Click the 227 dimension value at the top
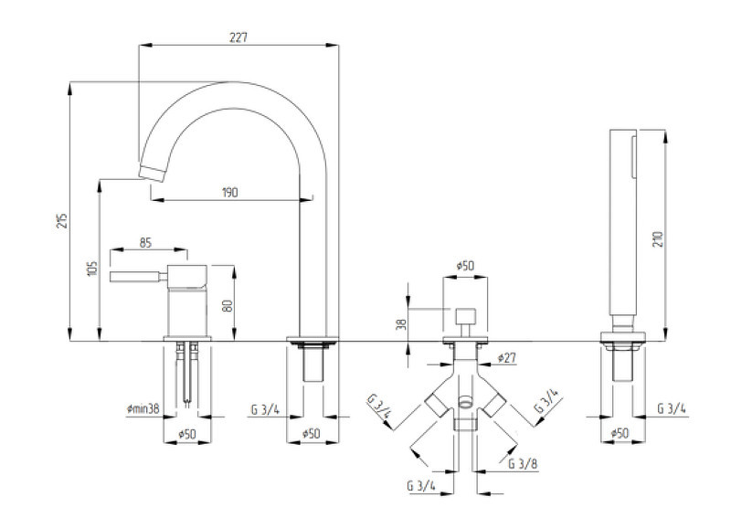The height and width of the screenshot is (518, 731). coord(238,37)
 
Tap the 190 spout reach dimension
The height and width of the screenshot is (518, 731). coord(230,192)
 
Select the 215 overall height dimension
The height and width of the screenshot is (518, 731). coord(62,220)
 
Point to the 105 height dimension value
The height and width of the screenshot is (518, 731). coord(93,268)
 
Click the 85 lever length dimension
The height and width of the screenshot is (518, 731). coord(145,242)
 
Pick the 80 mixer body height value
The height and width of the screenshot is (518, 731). coord(228,305)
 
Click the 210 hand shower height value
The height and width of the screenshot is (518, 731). coord(657,238)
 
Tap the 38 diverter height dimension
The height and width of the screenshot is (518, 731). coord(401,323)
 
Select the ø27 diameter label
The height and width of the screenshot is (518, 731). coord(507,358)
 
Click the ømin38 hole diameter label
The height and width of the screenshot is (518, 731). coord(143,409)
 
